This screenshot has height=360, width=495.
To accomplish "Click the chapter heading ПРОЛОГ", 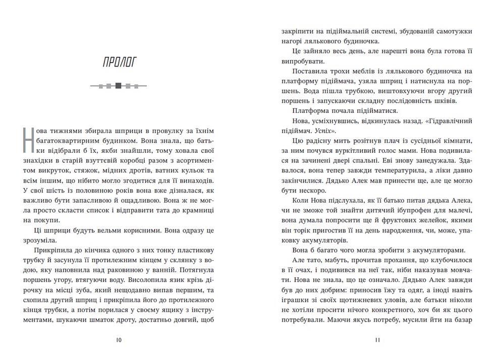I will [119, 63].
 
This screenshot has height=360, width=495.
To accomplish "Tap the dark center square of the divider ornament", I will [119, 86].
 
